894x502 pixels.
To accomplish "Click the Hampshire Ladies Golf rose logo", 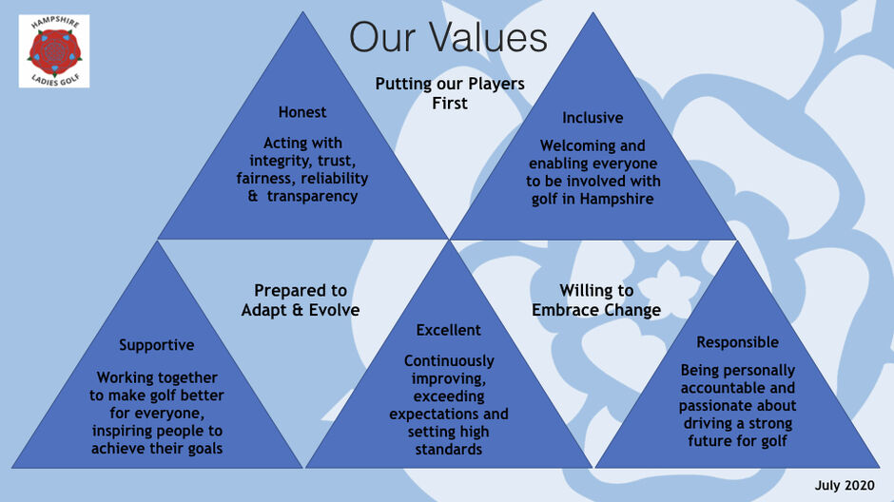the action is [x=54, y=51].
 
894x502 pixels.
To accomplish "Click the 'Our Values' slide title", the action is [x=448, y=38].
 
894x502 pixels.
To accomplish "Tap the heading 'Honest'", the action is [x=302, y=112].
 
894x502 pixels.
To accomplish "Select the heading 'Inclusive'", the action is [x=593, y=118].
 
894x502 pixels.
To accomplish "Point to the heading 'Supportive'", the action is [x=157, y=345].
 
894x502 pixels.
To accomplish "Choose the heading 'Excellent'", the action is [x=448, y=331].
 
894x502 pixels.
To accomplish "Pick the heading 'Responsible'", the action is [x=737, y=342].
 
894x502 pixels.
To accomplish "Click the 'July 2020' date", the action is [x=845, y=485].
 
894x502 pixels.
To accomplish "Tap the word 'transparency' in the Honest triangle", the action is [x=313, y=197].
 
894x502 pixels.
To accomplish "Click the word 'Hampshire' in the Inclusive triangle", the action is [x=617, y=200].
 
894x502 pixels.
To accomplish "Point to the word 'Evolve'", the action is [x=334, y=311].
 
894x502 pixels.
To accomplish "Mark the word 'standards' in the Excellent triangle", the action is [x=448, y=450].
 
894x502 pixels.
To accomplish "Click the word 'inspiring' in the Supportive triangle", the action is [x=126, y=432].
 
